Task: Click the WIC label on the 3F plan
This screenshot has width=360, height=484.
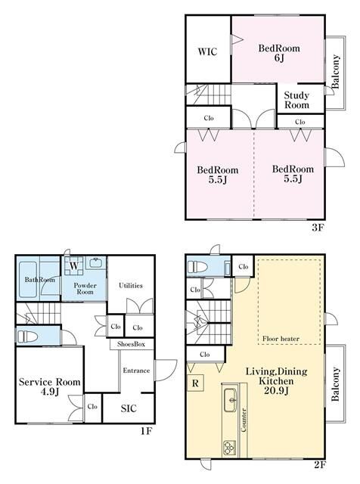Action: tap(207, 51)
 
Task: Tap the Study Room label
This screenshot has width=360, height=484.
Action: tap(296, 100)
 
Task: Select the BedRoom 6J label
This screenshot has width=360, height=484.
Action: tap(279, 53)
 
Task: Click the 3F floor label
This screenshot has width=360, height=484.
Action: tap(317, 228)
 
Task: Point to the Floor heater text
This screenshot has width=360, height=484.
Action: tap(281, 339)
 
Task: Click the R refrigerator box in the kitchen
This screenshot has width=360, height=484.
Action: tap(195, 383)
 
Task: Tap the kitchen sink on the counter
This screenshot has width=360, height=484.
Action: tap(230, 400)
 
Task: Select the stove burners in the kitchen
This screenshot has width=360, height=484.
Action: tap(229, 448)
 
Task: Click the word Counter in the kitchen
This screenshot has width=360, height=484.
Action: tap(244, 420)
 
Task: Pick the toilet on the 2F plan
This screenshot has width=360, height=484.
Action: tap(197, 266)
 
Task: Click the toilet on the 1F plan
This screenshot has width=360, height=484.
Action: tap(27, 336)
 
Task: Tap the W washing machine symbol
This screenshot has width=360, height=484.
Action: tap(74, 265)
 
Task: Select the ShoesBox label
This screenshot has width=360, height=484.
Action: tap(131, 344)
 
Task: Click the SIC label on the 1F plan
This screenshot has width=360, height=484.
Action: tap(129, 408)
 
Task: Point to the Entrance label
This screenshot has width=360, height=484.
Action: tap(136, 371)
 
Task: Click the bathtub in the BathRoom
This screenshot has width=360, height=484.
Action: tap(28, 280)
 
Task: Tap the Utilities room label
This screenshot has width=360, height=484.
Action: tap(131, 286)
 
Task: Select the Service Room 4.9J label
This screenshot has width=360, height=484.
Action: tap(49, 386)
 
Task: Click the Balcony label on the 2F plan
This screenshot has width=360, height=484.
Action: tap(335, 384)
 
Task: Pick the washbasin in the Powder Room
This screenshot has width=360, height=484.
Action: tap(97, 263)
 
